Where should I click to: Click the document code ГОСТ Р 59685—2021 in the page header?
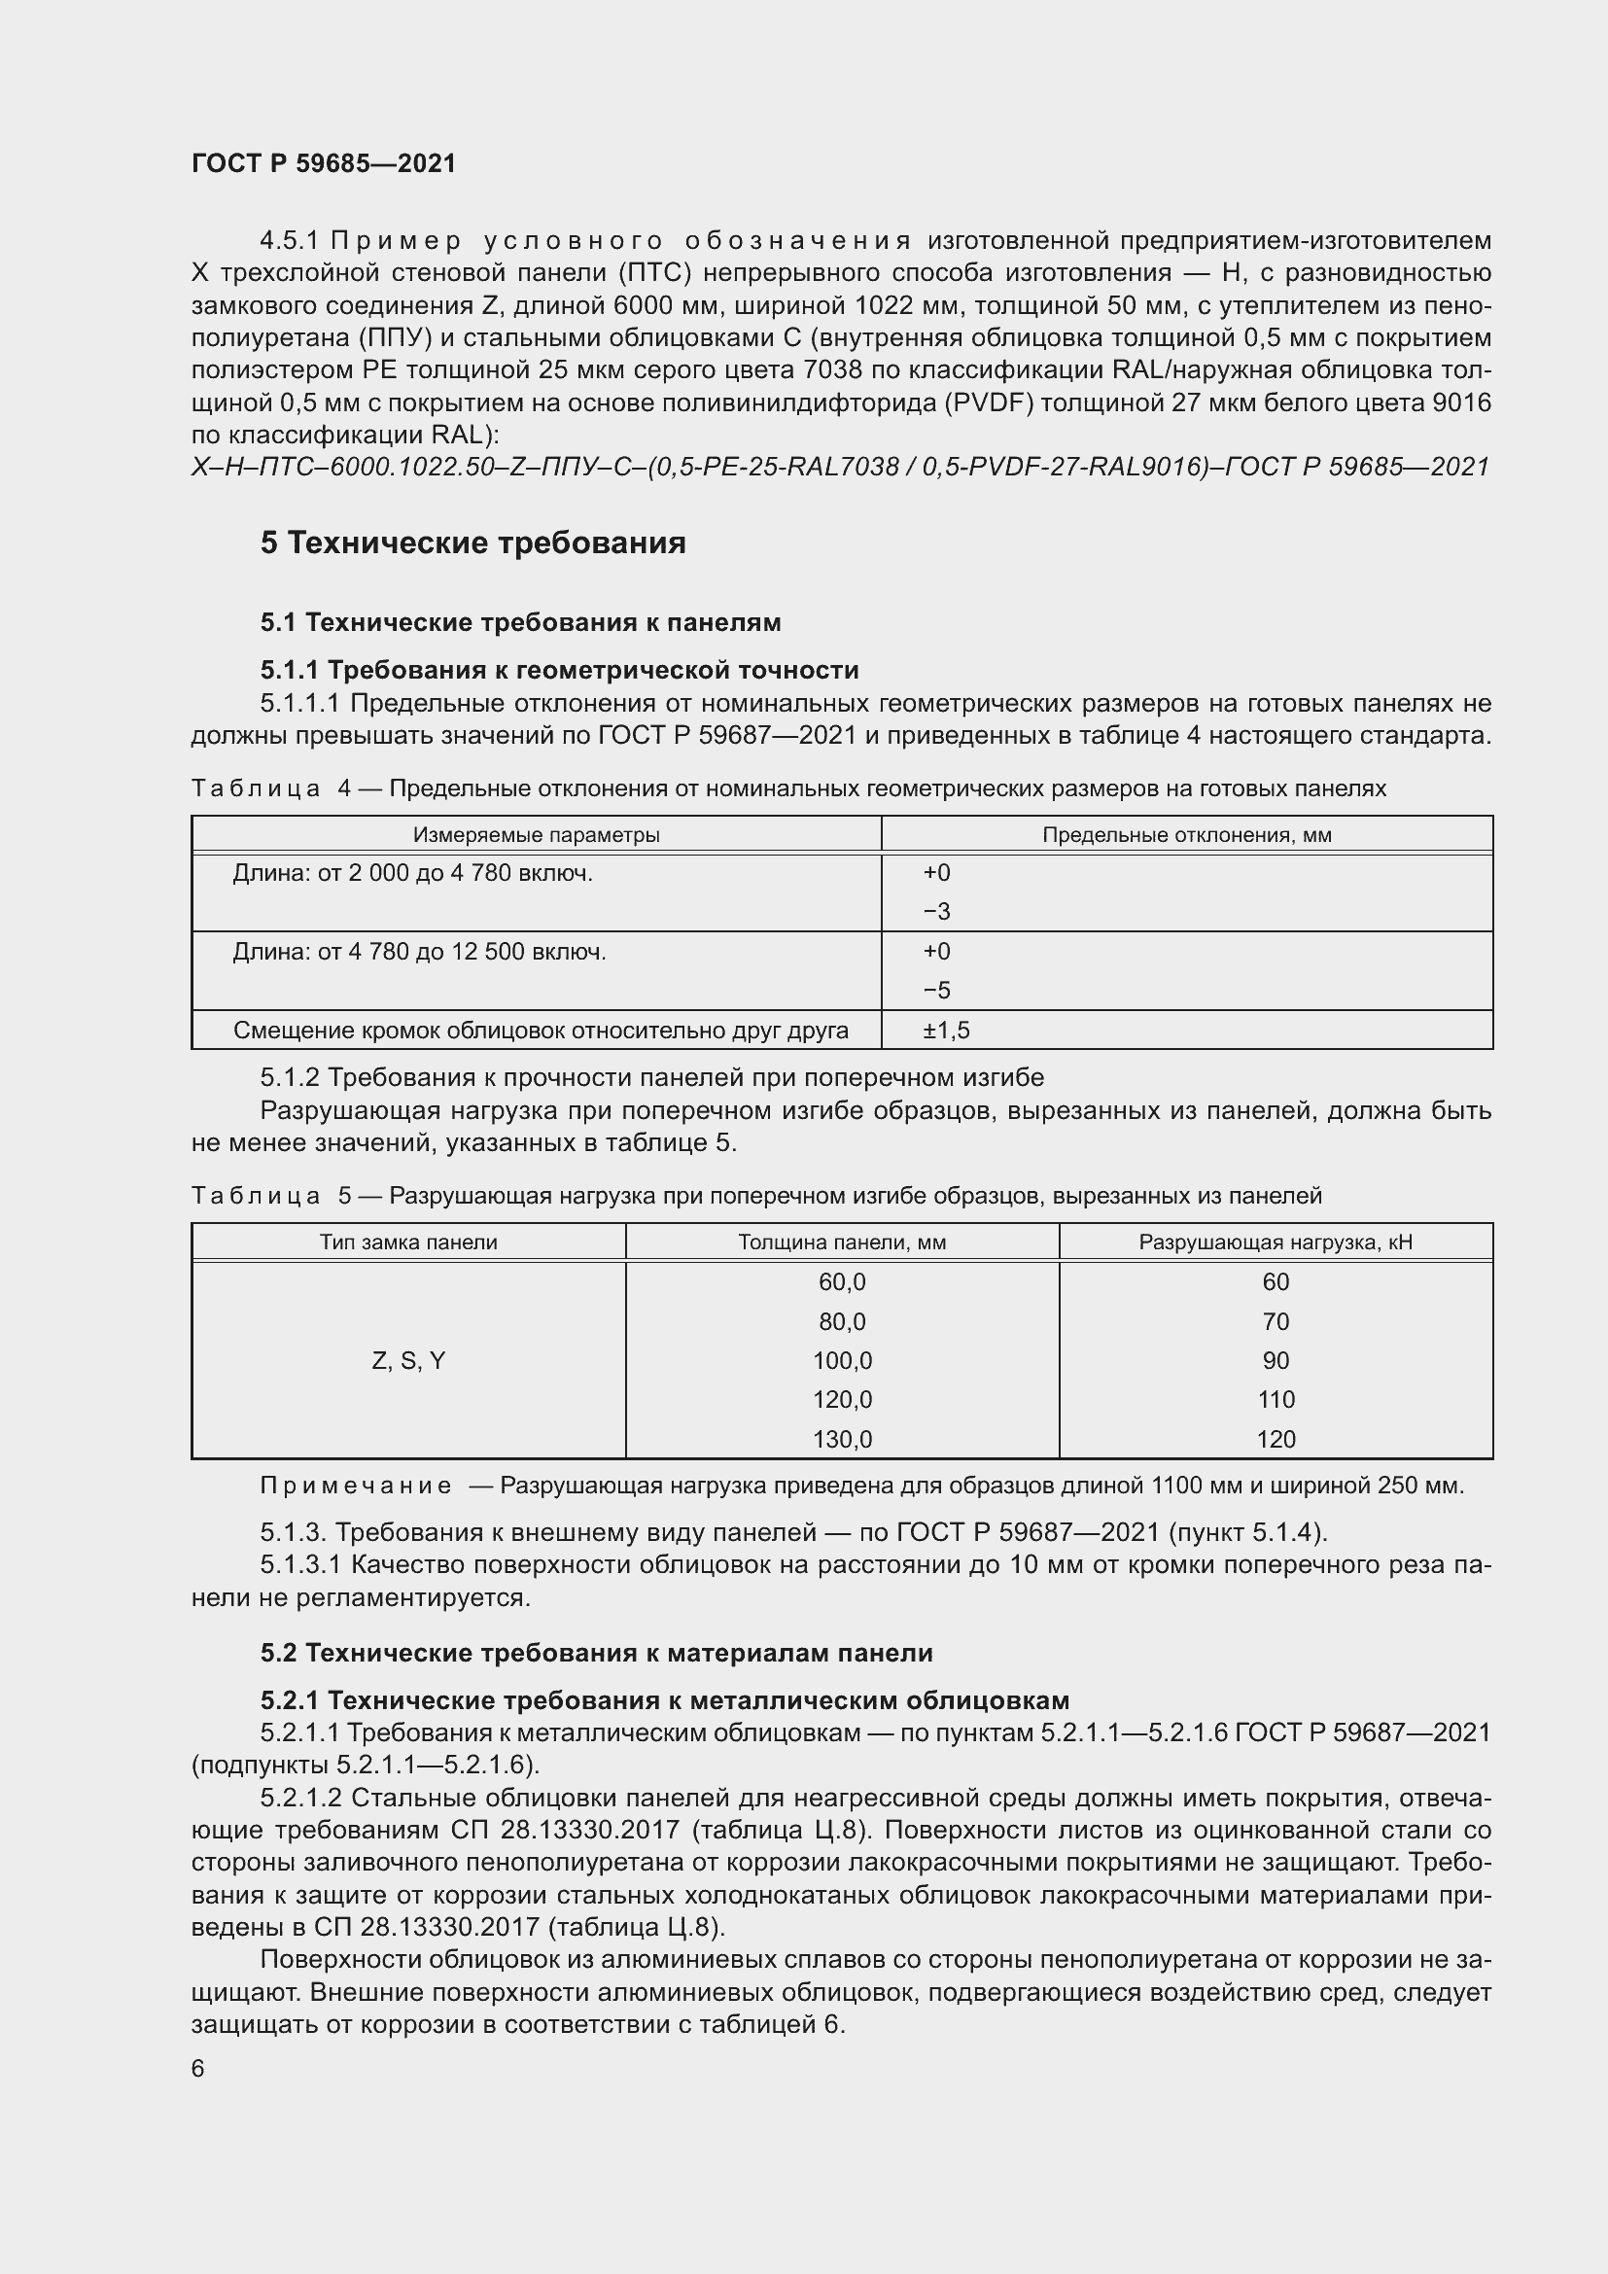[324, 163]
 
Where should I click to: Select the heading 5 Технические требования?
[473, 542]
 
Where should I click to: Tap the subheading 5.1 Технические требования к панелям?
[521, 622]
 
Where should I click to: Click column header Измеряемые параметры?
[536, 835]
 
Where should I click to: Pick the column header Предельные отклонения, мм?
[1186, 835]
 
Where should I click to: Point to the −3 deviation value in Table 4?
[935, 911]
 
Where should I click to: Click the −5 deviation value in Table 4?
[935, 991]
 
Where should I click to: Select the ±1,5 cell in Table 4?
[946, 1030]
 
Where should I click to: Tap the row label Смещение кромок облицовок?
[541, 1030]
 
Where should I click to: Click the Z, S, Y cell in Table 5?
[408, 1361]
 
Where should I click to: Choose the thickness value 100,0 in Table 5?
[842, 1361]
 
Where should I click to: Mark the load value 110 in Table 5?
[1276, 1399]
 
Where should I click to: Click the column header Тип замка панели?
[408, 1242]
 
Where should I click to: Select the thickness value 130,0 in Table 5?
[842, 1439]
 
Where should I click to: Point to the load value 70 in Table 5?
[1276, 1321]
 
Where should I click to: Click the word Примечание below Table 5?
[356, 1486]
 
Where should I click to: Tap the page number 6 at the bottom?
[198, 2069]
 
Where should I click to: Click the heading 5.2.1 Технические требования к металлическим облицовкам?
[664, 1700]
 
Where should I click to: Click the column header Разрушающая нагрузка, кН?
[1276, 1242]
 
